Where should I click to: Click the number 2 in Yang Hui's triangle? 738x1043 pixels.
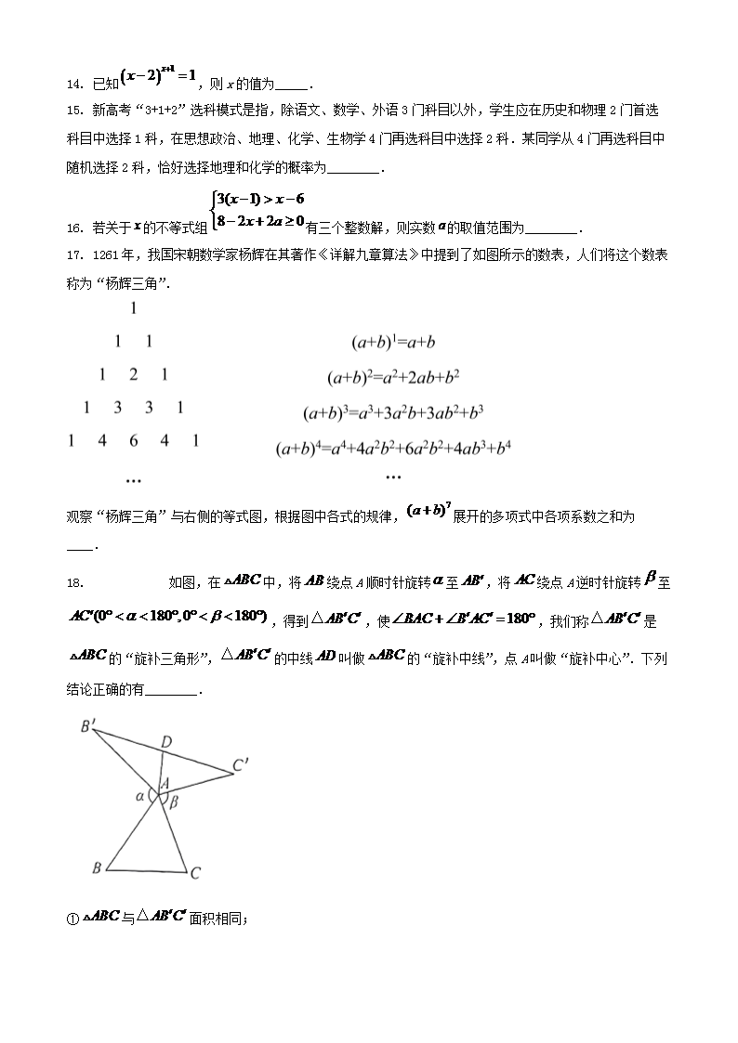[x=133, y=375]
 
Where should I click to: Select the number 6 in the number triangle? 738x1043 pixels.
[x=133, y=441]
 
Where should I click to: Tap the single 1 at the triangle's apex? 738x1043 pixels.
[x=134, y=308]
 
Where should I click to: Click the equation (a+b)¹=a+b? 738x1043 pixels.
[x=393, y=343]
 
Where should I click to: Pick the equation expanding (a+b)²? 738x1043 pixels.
[x=393, y=377]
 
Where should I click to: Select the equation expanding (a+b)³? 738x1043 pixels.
[x=394, y=412]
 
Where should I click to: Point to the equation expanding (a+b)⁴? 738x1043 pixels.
[x=394, y=449]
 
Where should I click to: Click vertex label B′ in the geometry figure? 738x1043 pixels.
[x=87, y=727]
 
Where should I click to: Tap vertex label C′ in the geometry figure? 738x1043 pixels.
[x=241, y=765]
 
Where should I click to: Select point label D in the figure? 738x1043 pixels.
[x=165, y=741]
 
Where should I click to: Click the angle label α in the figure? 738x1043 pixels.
[x=139, y=795]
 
